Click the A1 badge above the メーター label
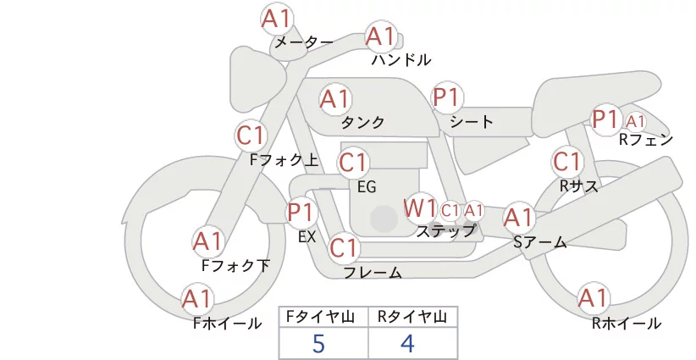coord(276,19)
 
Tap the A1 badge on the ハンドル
coord(381,36)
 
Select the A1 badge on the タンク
coord(335,99)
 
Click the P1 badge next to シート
coord(447,97)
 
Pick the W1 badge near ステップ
coord(419,208)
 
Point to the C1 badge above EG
coord(353,163)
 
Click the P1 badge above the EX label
coord(302,213)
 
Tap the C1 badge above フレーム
coord(344,247)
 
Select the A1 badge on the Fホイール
coord(197,300)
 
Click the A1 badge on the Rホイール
coord(593,298)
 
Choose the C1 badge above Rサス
coord(566,162)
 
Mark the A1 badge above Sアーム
coord(518,218)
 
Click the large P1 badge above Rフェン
coord(606,119)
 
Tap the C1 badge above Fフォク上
coord(251,136)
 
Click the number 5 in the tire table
coord(318,344)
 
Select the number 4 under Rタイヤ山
coord(407,344)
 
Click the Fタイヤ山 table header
coord(320,317)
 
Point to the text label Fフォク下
coord(235,265)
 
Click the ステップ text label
coord(445,231)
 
